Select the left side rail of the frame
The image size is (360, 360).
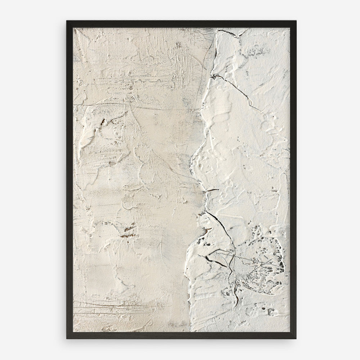click(x=70, y=180)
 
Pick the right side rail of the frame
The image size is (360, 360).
click(x=293, y=180)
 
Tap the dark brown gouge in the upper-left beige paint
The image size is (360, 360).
click(x=102, y=121)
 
